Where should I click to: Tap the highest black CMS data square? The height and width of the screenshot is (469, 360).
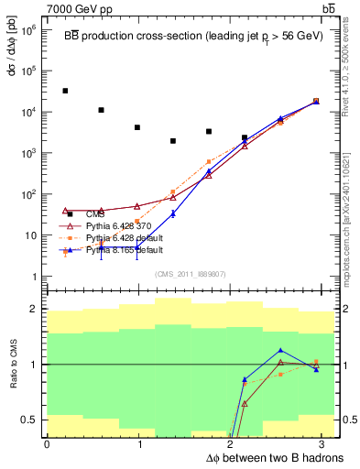[65, 91]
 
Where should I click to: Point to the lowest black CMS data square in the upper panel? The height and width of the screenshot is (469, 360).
[173, 141]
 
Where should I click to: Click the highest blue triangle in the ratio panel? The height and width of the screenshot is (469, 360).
[280, 351]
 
